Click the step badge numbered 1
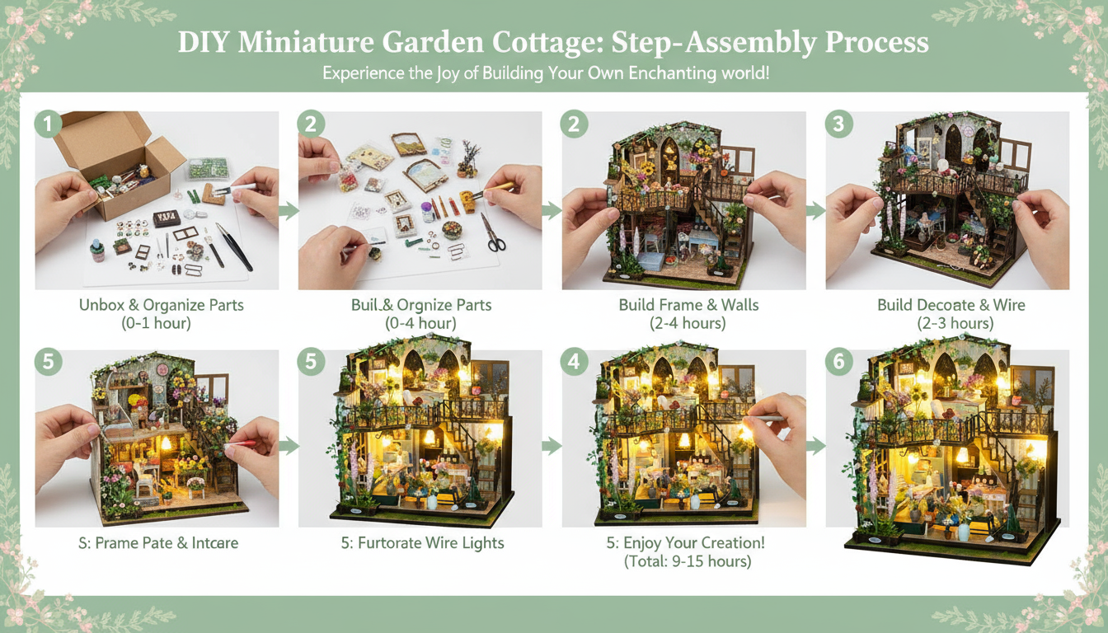tap(48, 124)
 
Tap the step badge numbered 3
tap(838, 124)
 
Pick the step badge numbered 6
tap(838, 361)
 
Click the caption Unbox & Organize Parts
tap(161, 305)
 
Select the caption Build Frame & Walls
tap(688, 305)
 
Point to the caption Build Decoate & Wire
tap(951, 305)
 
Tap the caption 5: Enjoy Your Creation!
tap(688, 542)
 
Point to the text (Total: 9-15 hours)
tap(688, 561)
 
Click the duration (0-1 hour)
tap(156, 323)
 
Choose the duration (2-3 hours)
tap(955, 323)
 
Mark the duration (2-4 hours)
tap(688, 323)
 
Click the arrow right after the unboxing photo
tap(289, 211)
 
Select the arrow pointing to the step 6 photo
tap(815, 446)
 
